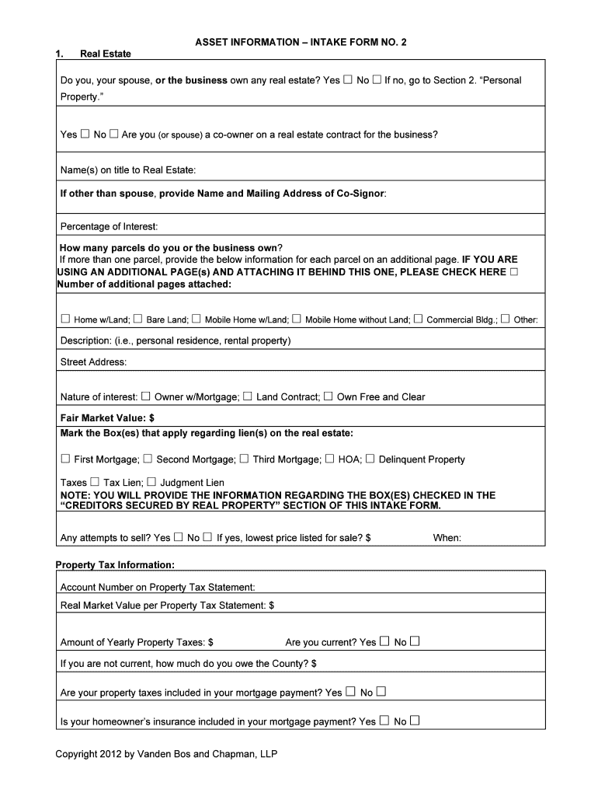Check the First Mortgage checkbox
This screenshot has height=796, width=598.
click(65, 459)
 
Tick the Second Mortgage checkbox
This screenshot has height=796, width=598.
click(148, 459)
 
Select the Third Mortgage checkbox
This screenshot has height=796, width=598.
click(244, 459)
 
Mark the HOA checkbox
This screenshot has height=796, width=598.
click(329, 459)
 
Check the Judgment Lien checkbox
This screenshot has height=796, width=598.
click(151, 482)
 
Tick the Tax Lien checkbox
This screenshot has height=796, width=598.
click(95, 482)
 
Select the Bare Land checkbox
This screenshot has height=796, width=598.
click(137, 319)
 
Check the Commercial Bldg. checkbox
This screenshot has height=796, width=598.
click(418, 319)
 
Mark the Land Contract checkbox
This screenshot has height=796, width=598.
click(248, 396)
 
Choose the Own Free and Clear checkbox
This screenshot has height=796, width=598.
click(328, 396)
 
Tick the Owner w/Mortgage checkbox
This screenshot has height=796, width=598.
click(145, 396)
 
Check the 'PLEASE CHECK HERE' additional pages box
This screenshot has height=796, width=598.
click(513, 272)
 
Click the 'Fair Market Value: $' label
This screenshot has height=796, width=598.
click(107, 418)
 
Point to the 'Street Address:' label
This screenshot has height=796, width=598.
click(93, 361)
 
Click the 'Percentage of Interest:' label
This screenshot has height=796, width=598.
click(109, 226)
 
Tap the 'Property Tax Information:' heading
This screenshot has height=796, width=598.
click(115, 564)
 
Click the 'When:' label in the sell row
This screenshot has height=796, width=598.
click(447, 537)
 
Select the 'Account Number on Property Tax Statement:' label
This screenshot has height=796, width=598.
click(158, 587)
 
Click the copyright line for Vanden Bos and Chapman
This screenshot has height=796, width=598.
click(166, 754)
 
